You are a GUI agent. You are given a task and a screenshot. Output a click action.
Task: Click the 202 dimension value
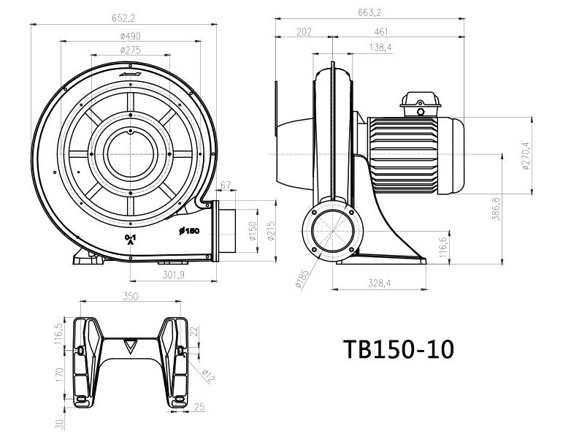pyautogui.click(x=304, y=31)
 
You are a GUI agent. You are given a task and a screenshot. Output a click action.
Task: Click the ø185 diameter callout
pyautogui.click(x=301, y=280)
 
